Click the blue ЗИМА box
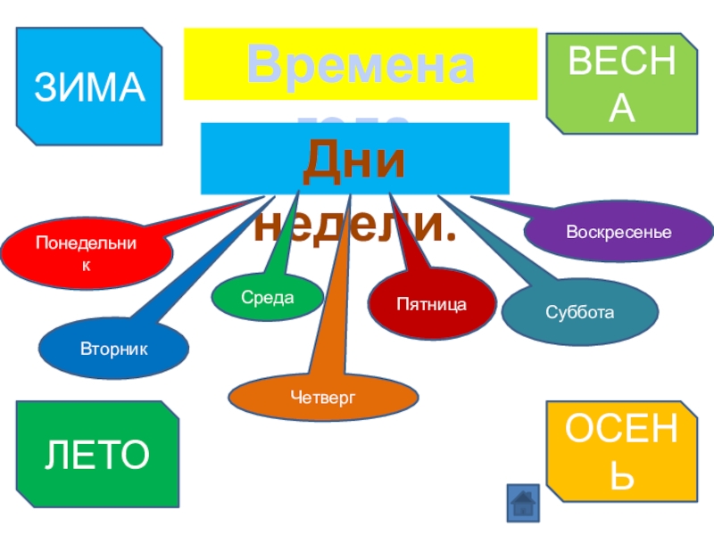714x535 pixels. point(89,86)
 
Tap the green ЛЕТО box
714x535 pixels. point(98,453)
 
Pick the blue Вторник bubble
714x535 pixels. point(113,344)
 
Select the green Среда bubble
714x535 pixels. point(267,297)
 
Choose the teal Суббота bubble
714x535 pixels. point(580,312)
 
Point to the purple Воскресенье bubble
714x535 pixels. point(619,233)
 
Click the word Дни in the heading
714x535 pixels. point(353,160)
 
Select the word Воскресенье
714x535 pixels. point(619,233)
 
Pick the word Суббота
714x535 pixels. point(580,312)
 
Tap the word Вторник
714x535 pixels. point(113,344)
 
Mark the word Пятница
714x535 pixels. point(432,305)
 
